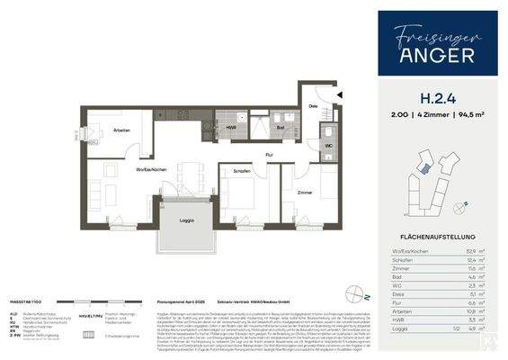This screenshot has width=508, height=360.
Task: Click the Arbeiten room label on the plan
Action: coord(122,131)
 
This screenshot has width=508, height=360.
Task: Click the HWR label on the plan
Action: coord(230,128)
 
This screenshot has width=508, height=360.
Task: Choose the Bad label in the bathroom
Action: coord(281,128)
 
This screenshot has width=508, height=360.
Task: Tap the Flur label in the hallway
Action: coord(270,154)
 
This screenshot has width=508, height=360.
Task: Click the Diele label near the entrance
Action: coord(314,105)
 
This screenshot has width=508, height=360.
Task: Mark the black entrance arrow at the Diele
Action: coord(340,94)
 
